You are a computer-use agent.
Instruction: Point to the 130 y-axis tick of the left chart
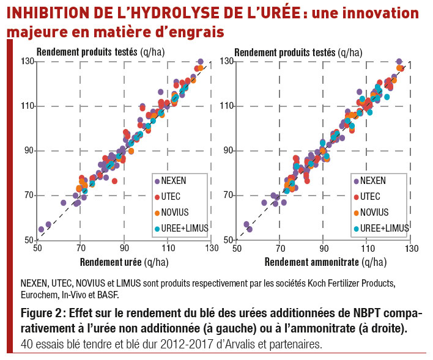26,61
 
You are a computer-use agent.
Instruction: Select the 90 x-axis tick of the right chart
323,248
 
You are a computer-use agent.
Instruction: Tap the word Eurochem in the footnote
40,294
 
